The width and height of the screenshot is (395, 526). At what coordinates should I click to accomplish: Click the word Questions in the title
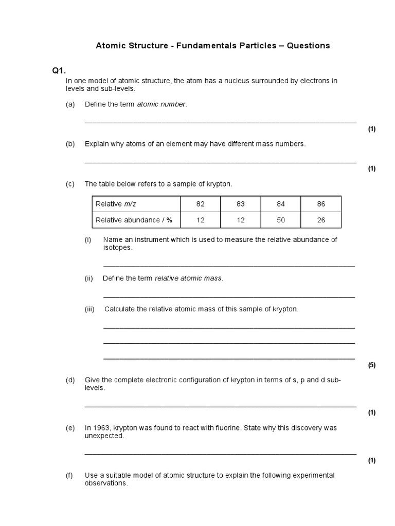308,46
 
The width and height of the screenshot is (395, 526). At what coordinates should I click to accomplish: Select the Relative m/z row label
116,204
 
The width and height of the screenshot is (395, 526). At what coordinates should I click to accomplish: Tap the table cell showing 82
201,204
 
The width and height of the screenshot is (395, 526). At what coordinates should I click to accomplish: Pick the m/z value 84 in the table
281,204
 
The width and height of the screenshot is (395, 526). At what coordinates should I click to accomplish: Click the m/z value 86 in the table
321,204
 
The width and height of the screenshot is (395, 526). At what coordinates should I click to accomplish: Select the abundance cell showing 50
281,220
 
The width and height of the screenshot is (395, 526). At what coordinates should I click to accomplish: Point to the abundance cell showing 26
321,220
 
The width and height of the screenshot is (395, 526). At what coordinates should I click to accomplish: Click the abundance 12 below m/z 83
241,220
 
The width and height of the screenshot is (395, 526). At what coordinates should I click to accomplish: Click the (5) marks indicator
371,365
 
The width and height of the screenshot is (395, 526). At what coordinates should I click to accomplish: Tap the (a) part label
70,104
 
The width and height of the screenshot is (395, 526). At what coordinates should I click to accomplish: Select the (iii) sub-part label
91,309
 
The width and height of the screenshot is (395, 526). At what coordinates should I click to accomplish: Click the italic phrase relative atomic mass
188,278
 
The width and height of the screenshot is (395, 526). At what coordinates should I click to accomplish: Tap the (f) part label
70,475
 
